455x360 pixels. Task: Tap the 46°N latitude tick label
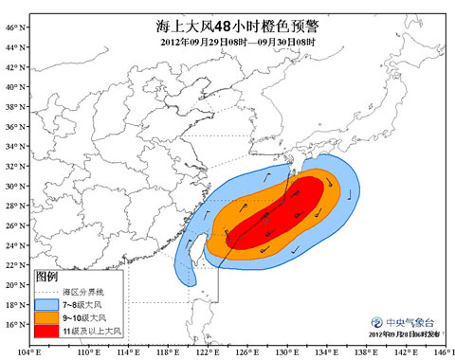[x=14, y=27]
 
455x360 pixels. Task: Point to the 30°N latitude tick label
[x=14, y=186]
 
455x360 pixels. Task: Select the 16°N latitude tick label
[x=14, y=325]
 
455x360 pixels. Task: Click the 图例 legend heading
[x=48, y=276]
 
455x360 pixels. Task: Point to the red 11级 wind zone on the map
[x=284, y=213]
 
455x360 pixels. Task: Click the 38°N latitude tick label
[x=14, y=107]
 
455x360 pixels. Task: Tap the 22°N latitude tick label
[x=14, y=265]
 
